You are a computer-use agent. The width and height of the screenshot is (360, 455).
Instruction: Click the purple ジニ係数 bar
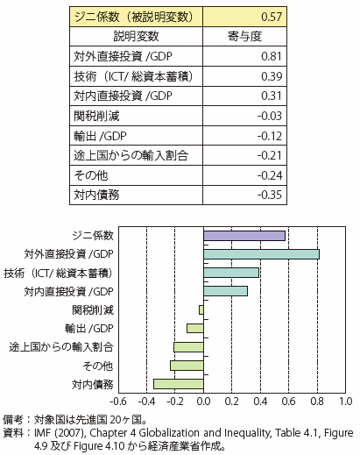click(244, 236)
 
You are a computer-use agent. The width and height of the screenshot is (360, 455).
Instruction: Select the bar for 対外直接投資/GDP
click(261, 254)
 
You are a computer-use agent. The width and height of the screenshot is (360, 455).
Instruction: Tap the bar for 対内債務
click(179, 384)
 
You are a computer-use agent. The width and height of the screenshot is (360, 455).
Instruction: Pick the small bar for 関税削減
click(201, 309)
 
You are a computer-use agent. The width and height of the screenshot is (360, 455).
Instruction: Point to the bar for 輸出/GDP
click(195, 329)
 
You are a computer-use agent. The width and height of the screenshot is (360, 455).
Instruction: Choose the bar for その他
click(187, 366)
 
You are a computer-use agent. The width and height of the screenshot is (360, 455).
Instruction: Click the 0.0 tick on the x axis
click(203, 402)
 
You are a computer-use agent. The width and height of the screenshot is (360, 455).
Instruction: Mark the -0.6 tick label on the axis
click(118, 402)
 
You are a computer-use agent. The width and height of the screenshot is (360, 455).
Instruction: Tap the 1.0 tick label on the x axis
click(345, 402)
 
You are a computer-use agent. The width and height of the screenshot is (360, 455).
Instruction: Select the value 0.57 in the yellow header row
click(272, 17)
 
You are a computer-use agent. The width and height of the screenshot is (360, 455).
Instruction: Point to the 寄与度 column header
click(244, 37)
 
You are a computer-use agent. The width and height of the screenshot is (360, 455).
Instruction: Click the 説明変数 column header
click(136, 37)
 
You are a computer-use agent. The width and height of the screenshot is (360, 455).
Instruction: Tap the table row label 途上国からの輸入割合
click(131, 155)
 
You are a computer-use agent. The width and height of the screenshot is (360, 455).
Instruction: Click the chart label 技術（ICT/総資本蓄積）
click(58, 274)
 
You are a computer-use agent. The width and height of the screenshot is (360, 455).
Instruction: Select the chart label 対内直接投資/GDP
click(68, 292)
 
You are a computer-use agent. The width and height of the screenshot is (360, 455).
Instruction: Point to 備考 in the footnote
click(13, 420)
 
